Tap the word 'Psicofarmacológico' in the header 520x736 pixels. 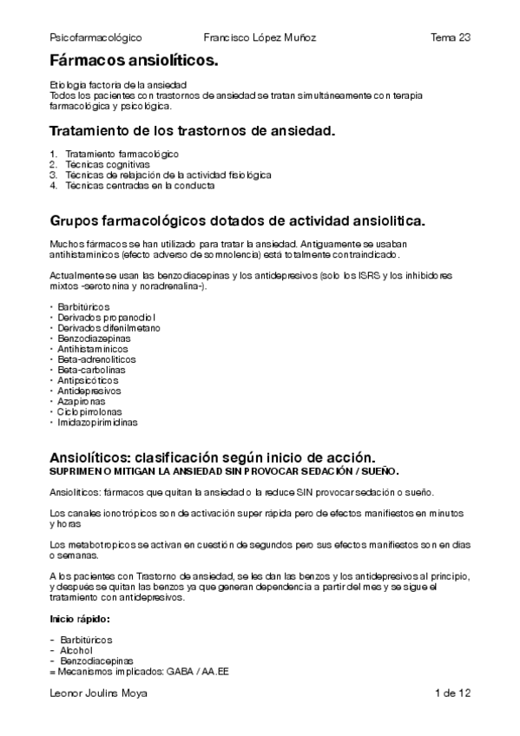96,37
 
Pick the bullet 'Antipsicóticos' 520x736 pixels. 89,380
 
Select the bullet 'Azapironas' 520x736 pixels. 83,402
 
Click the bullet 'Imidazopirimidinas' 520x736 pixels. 98,423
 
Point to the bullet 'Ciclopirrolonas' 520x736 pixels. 91,412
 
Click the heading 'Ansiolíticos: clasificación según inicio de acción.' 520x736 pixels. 213,457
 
